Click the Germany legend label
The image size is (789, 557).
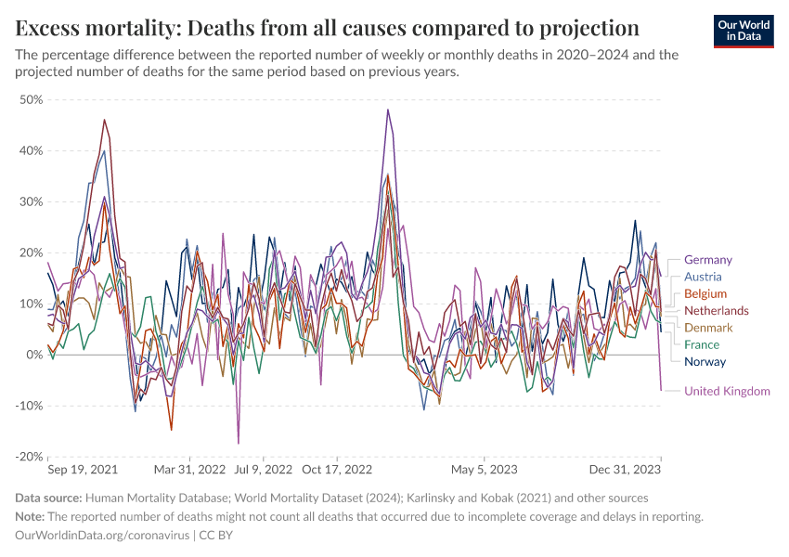(707, 260)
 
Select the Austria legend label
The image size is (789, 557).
(702, 277)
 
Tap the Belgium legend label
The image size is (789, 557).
(705, 293)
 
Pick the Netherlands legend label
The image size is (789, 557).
(716, 310)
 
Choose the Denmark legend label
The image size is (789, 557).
(708, 328)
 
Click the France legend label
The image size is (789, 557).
(702, 344)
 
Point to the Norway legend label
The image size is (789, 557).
(705, 362)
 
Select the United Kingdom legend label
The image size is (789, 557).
(727, 391)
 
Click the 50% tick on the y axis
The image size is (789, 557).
(31, 99)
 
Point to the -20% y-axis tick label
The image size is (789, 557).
(29, 457)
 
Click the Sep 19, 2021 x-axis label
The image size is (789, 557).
(83, 471)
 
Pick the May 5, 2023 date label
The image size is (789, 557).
(484, 471)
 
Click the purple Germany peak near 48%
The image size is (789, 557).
(388, 110)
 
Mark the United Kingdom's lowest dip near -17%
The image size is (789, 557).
(239, 443)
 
